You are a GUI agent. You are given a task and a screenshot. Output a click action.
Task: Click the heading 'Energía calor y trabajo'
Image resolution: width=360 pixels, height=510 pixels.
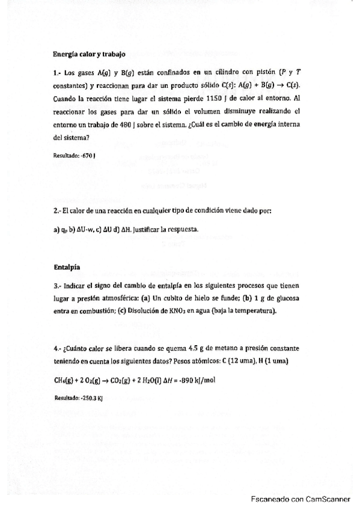(89, 54)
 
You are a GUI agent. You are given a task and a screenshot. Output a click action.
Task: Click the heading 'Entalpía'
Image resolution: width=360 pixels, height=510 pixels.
(66, 266)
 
